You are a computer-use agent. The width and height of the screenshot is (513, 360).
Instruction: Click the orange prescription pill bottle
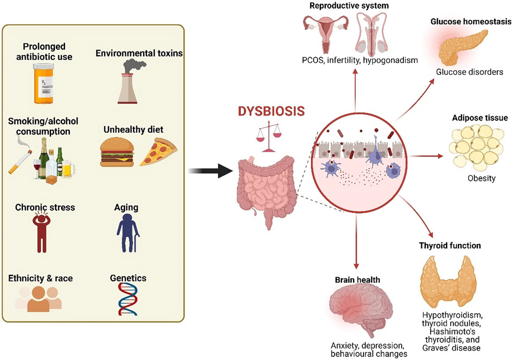[x=44, y=84]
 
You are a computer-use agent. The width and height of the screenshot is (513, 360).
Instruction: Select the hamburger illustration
[x=117, y=152]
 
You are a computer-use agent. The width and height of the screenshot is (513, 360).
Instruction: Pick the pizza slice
[x=158, y=152]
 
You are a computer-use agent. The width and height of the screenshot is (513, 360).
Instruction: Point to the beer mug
[x=68, y=169]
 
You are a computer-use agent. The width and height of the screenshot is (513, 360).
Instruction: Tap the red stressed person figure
[x=42, y=233]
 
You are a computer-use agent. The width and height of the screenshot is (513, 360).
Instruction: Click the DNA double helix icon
[x=128, y=299]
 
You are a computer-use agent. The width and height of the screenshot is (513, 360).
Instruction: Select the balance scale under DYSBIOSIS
[x=268, y=137]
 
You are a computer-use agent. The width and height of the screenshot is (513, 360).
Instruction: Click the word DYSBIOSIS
[x=271, y=111]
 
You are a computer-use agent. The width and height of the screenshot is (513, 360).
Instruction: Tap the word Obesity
[x=482, y=178]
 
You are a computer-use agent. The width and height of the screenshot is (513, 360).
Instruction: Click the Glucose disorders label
[x=469, y=72]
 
